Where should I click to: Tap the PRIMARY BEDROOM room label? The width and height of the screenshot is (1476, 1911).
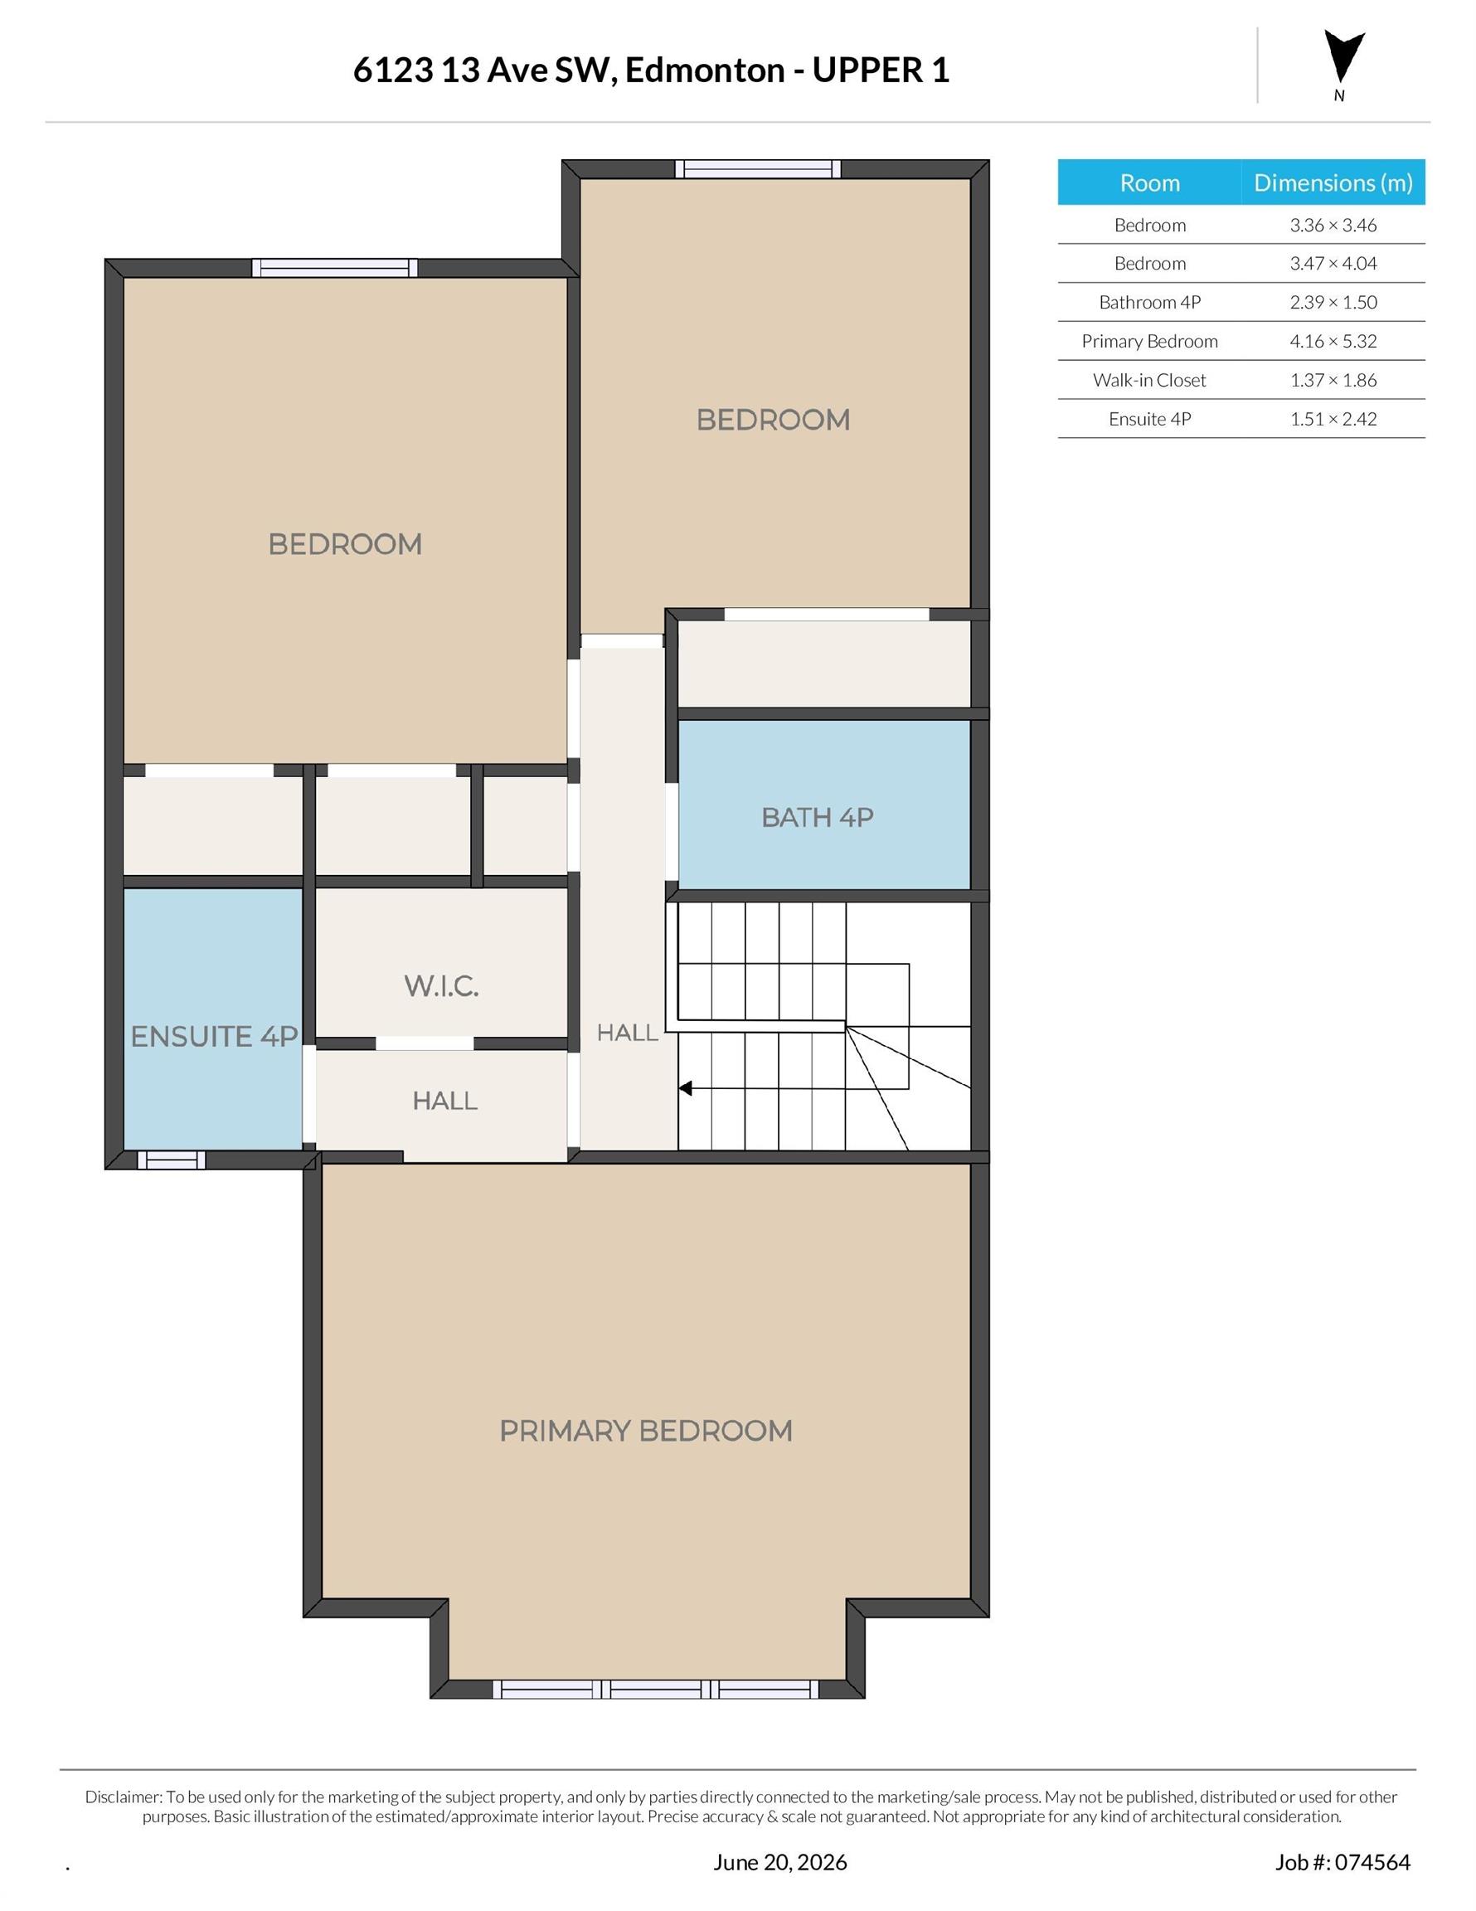coord(646,1431)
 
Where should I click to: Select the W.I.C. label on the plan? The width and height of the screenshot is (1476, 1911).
coord(441,986)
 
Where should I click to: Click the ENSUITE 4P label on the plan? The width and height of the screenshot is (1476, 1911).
coord(215,1036)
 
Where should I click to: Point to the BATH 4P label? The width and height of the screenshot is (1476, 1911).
coord(817,817)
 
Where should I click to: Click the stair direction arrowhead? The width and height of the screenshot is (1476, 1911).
coord(686,1088)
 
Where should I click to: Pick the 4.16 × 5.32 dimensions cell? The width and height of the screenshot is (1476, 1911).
coord(1333,341)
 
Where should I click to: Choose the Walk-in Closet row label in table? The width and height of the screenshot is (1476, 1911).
coord(1148,380)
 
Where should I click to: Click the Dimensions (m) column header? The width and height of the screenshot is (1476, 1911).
coord(1333,182)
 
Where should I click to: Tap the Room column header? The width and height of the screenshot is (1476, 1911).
coord(1149,182)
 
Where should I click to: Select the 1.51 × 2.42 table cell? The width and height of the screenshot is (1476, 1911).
coord(1333,419)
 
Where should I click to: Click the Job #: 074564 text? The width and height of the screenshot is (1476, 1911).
coord(1342,1862)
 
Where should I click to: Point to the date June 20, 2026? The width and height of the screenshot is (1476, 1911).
coord(779,1862)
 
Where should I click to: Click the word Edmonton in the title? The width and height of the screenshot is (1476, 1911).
coord(704,70)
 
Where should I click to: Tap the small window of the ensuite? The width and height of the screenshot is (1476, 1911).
coord(171,1160)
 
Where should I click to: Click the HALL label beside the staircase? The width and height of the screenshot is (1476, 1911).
coord(628,1033)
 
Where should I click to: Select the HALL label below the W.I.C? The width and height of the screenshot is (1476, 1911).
coord(444,1101)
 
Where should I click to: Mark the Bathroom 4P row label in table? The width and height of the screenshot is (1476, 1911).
coord(1148,303)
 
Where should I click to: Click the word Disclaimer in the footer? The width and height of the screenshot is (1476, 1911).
coord(124,1797)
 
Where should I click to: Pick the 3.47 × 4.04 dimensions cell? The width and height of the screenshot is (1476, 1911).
coord(1333,264)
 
